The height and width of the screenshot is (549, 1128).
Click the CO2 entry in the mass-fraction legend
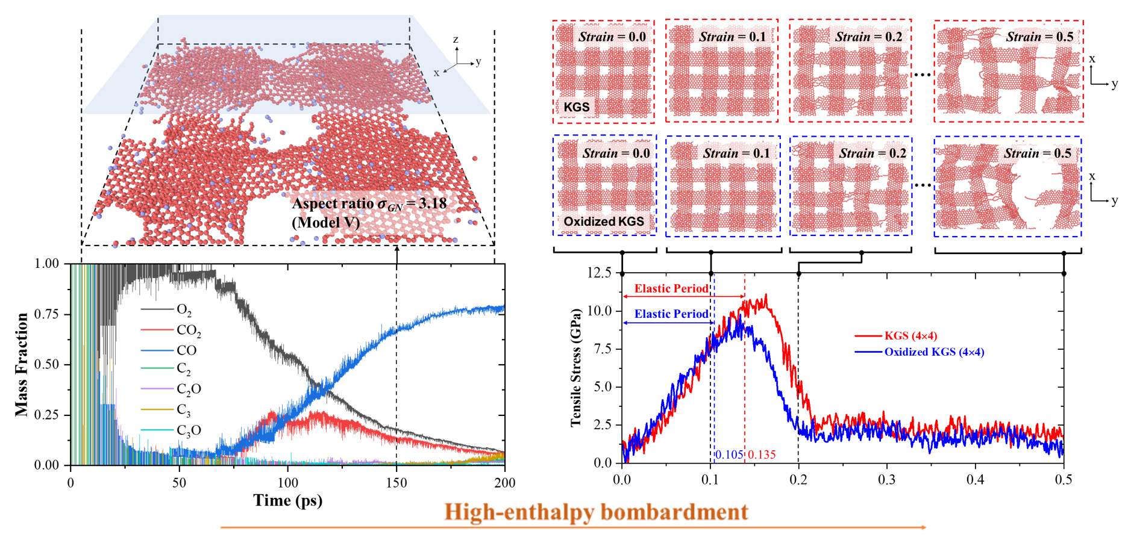tap(189, 330)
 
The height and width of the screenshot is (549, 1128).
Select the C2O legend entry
tap(189, 389)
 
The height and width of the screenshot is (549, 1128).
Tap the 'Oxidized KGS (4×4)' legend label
tap(934, 352)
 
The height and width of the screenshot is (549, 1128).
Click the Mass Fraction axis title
tap(22, 364)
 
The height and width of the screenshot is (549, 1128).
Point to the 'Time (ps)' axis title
tap(287, 500)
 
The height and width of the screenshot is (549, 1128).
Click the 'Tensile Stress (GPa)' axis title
tap(576, 367)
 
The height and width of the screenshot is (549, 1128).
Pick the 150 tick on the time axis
tap(396, 483)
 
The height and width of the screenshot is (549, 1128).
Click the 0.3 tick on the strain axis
tap(887, 480)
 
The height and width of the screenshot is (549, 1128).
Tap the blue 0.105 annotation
tap(728, 454)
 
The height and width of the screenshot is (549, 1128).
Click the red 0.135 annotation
tap(762, 454)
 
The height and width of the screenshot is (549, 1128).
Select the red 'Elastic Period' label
tap(671, 288)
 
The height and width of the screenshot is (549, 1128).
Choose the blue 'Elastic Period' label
tap(671, 314)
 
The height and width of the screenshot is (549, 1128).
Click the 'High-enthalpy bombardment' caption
tap(596, 512)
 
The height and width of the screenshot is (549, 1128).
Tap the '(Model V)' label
tap(326, 222)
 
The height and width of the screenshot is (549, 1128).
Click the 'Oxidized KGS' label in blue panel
tap(604, 222)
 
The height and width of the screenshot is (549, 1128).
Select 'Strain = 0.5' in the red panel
tap(1039, 37)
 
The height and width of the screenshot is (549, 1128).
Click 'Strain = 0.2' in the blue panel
tap(873, 154)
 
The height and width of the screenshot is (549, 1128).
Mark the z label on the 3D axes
tap(456, 40)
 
